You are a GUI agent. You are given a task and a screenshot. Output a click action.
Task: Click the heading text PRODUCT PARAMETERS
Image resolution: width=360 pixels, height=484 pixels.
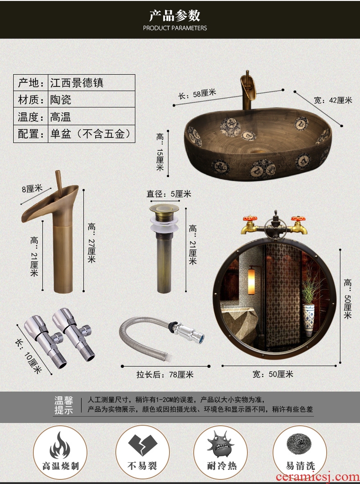click(x=175, y=28)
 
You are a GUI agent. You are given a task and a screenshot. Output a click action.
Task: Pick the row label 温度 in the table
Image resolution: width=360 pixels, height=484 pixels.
click(x=29, y=117)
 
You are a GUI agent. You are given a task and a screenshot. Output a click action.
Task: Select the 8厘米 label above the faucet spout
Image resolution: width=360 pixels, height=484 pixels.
click(x=32, y=189)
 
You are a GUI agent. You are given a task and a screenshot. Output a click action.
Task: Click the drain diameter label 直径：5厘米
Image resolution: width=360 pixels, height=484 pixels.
click(x=169, y=194)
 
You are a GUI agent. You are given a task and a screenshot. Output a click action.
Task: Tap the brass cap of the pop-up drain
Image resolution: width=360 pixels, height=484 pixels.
click(x=164, y=209)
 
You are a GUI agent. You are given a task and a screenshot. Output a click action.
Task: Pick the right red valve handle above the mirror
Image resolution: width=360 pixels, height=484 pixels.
click(x=298, y=219)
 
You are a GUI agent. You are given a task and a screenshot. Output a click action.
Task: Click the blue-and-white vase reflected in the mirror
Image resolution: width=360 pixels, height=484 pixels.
click(x=309, y=319)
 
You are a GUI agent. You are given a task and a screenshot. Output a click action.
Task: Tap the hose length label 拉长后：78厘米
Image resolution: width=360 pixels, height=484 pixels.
click(x=165, y=375)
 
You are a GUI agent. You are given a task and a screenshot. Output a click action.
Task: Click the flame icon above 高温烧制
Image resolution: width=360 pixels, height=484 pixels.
click(x=60, y=445)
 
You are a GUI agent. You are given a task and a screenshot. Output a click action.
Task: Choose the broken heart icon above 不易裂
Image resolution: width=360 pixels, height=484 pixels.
click(x=143, y=445)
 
